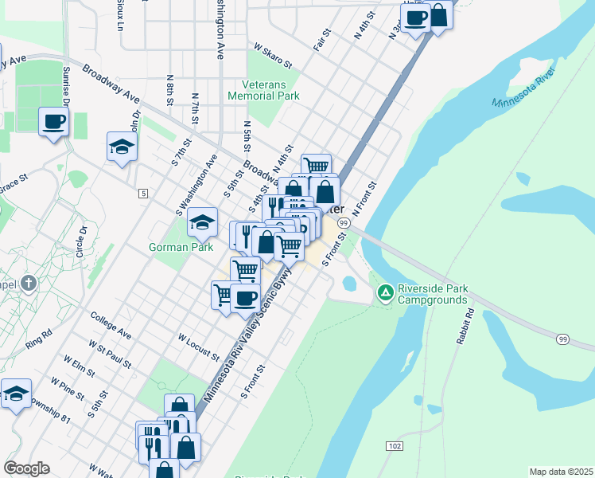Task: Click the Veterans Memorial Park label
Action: pos(263,89)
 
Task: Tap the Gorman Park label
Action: pos(181,248)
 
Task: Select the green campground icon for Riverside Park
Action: pos(385,294)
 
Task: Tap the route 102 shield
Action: pos(394,445)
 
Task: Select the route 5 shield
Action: pos(143,194)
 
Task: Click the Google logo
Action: pos(26,468)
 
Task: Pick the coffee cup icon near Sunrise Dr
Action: pos(54,122)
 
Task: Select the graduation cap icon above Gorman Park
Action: pos(203,222)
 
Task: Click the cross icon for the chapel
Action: pos(29,283)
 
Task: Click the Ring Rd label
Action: pos(38,338)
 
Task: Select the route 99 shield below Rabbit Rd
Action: pos(563,339)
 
